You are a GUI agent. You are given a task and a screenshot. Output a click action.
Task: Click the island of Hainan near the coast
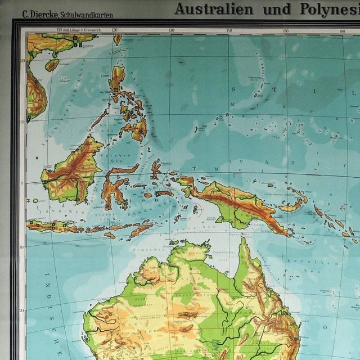click(52, 65)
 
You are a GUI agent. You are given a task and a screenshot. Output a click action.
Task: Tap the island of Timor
click(141, 230)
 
